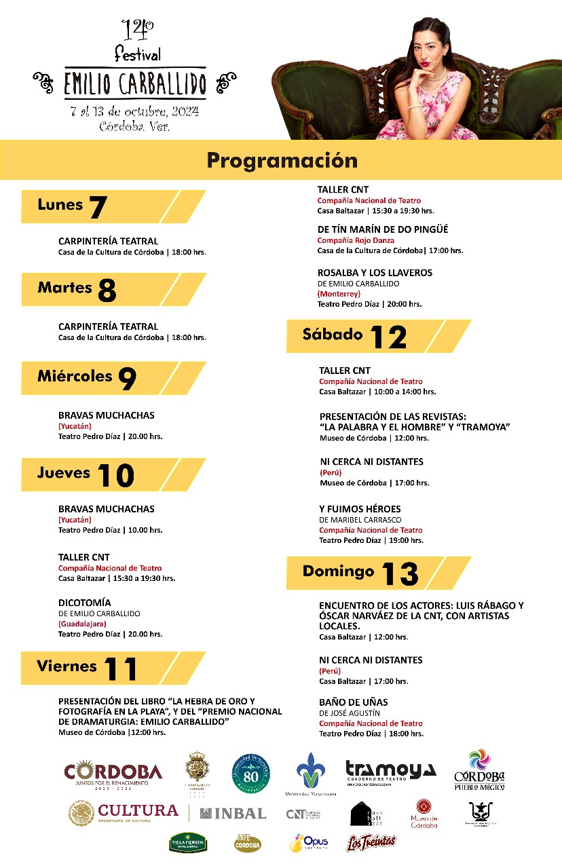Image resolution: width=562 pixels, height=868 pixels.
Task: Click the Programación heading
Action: [282, 160]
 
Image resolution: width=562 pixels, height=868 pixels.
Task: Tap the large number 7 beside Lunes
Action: [98, 207]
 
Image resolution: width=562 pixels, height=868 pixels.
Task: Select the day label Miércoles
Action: [75, 376]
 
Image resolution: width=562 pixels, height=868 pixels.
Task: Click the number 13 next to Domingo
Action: [400, 574]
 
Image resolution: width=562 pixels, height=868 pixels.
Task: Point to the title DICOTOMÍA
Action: [85, 602]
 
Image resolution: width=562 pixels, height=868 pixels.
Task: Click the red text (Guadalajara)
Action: [82, 624]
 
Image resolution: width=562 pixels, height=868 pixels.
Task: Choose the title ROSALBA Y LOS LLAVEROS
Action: [375, 272]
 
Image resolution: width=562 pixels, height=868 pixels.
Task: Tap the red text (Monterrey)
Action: [339, 294]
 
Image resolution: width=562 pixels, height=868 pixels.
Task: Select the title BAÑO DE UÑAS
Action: [354, 702]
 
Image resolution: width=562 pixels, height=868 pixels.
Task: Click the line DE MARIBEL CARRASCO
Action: [360, 520]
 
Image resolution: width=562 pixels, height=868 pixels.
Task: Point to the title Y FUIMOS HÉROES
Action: [360, 508]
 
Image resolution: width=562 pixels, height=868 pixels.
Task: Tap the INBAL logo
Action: [233, 813]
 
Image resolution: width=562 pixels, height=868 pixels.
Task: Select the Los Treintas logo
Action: [371, 842]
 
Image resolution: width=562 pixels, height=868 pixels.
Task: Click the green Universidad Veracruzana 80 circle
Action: [250, 774]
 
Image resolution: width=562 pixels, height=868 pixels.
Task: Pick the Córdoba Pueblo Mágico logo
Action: [480, 770]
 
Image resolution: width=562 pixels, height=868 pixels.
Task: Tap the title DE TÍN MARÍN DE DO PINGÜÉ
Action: [383, 229]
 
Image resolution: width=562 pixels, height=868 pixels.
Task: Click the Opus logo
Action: [309, 842]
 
